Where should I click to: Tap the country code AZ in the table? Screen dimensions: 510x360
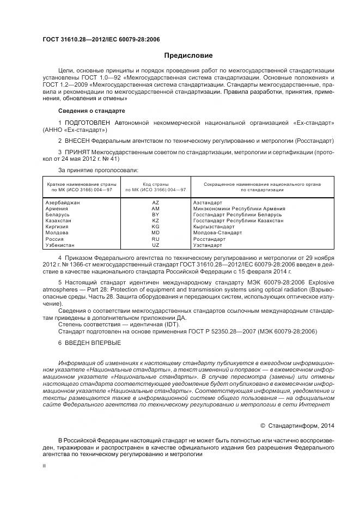[x=155, y=202]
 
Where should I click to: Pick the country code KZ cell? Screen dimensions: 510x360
[x=155, y=220]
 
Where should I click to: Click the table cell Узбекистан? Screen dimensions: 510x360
[x=61, y=245]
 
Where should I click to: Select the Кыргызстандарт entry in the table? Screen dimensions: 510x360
[x=214, y=227]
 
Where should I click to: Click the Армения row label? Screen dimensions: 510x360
[x=57, y=208]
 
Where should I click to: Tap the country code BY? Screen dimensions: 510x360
[x=155, y=214]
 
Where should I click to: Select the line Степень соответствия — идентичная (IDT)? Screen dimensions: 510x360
[x=122, y=324]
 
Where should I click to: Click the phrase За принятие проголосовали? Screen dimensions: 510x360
[x=95, y=171]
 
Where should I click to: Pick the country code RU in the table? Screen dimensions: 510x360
[x=155, y=239]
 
